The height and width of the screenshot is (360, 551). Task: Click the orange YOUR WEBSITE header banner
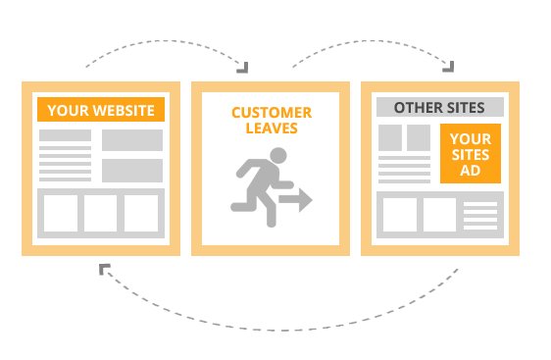pyautogui.click(x=100, y=109)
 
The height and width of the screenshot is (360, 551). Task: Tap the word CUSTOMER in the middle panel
pyautogui.click(x=272, y=112)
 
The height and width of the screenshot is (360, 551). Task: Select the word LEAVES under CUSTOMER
pyautogui.click(x=272, y=129)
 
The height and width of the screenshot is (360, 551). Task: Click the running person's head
pyautogui.click(x=279, y=155)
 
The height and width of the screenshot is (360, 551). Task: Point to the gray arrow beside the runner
pyautogui.click(x=295, y=201)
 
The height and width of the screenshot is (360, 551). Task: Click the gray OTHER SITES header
pyautogui.click(x=439, y=107)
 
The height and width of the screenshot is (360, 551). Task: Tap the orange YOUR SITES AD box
pyautogui.click(x=471, y=153)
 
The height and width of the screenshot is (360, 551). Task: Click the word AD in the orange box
pyautogui.click(x=471, y=171)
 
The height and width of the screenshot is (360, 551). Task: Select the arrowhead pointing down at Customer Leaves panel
pyautogui.click(x=242, y=67)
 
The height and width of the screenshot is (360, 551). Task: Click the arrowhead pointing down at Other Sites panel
pyautogui.click(x=449, y=67)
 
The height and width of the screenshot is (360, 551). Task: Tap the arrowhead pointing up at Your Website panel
pyautogui.click(x=104, y=267)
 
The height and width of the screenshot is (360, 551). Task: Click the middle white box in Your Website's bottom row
pyautogui.click(x=100, y=214)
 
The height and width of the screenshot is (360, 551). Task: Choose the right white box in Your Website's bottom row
pyautogui.click(x=141, y=214)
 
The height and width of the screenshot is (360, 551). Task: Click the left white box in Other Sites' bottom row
pyautogui.click(x=399, y=214)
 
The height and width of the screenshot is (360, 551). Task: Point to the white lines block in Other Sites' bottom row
pyautogui.click(x=480, y=214)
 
